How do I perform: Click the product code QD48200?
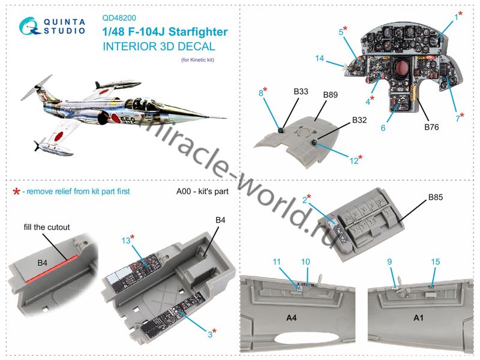(119, 18)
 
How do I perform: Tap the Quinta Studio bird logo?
(29, 26)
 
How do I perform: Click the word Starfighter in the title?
(198, 32)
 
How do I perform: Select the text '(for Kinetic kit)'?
(198, 59)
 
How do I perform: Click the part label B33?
(301, 92)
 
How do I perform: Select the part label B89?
(331, 95)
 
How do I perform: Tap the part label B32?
(359, 120)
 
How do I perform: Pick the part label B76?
(431, 127)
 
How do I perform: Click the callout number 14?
(320, 58)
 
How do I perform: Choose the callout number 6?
(383, 128)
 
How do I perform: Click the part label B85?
(436, 197)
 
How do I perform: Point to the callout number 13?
(126, 241)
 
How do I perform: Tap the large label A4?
(291, 318)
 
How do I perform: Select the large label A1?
(418, 318)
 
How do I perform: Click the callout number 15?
(436, 262)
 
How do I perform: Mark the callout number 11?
(277, 262)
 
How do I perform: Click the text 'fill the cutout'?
(47, 227)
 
